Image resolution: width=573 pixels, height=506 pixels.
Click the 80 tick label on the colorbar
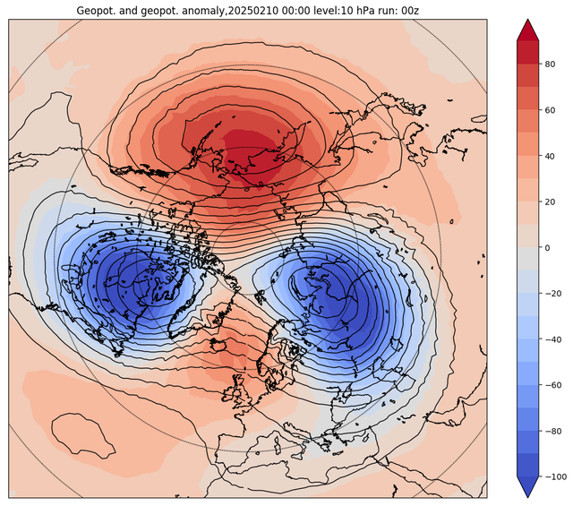coord(550,64)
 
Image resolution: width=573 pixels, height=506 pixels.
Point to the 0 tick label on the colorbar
coord(547,248)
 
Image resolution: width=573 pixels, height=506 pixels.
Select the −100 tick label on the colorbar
coord(556,477)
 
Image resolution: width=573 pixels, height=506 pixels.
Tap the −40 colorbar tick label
coord(553,339)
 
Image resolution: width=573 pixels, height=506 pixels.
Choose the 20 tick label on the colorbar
coord(550,202)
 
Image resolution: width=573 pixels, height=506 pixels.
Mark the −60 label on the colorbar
coord(553,385)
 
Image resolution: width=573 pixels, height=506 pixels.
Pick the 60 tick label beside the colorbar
coord(550,110)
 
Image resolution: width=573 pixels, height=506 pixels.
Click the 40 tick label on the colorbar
coord(550,156)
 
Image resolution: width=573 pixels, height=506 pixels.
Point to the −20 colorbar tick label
coord(553,294)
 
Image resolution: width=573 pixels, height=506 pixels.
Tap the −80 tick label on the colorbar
coord(553,432)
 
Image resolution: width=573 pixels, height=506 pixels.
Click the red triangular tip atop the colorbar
coord(527,30)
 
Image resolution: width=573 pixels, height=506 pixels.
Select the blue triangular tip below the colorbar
coord(527,487)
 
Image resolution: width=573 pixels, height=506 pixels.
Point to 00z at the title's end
coord(410,11)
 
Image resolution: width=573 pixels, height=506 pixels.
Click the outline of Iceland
coord(219,344)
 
